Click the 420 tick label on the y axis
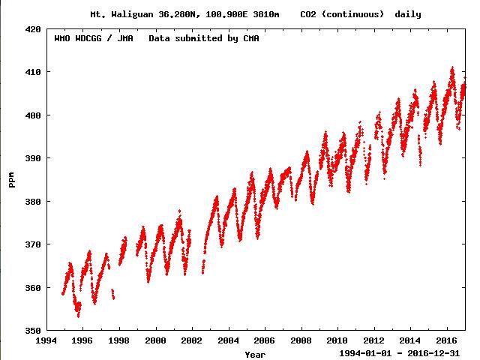point(33,28)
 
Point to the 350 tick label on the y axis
point(33,331)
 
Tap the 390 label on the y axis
point(33,158)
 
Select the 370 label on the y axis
point(33,244)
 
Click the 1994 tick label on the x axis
point(46,340)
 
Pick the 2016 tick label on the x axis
point(446,340)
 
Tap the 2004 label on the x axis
point(228,340)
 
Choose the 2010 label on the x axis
point(337,340)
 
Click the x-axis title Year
point(254,353)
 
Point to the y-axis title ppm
point(12,180)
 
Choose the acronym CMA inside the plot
point(249,38)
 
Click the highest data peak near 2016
point(452,67)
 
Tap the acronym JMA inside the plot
point(124,38)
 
